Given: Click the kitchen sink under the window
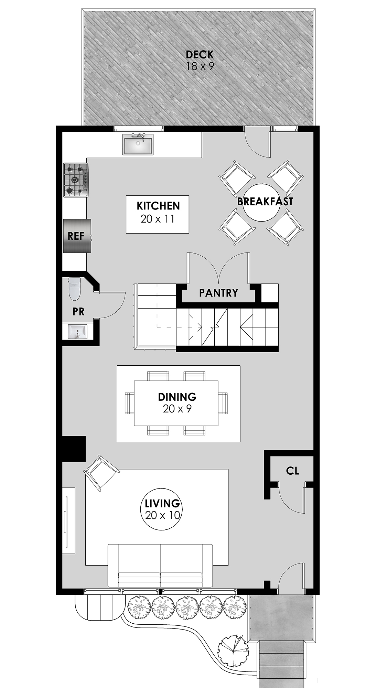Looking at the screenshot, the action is click(x=138, y=144).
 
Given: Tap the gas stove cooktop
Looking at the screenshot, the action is click(x=76, y=180).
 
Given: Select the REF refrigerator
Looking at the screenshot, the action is click(x=77, y=236).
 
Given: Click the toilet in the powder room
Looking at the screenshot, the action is click(x=74, y=288).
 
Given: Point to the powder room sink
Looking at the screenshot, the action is click(x=77, y=332).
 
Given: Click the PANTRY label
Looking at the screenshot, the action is click(x=218, y=293).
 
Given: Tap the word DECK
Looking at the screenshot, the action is click(x=200, y=54).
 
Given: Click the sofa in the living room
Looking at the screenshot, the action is click(x=160, y=566).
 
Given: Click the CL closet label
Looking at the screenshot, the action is click(x=292, y=471).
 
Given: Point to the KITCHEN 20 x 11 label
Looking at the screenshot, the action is click(x=158, y=212).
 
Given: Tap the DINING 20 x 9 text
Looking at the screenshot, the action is click(x=177, y=402).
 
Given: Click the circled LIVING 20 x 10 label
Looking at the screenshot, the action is click(x=162, y=509).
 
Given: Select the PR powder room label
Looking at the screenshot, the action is click(x=78, y=312).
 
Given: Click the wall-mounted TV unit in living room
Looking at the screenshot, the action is click(x=68, y=520).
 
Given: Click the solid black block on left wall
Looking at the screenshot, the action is click(x=73, y=449).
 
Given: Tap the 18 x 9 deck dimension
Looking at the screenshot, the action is click(x=200, y=67).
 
